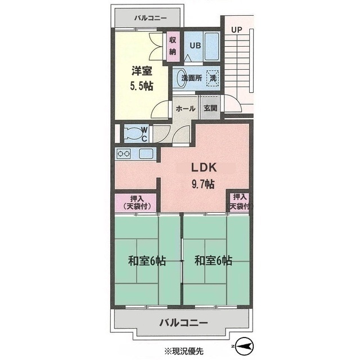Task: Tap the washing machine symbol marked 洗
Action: [213, 78]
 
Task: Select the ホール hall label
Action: [185, 108]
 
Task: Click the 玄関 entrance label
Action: [210, 108]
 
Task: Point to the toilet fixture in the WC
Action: [132, 133]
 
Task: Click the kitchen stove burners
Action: [124, 154]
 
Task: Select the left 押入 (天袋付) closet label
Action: [136, 202]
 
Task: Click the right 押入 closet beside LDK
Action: [240, 202]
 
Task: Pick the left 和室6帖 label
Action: [146, 261]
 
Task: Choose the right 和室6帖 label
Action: [214, 261]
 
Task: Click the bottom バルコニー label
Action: [183, 323]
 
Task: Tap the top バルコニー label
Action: [150, 18]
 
